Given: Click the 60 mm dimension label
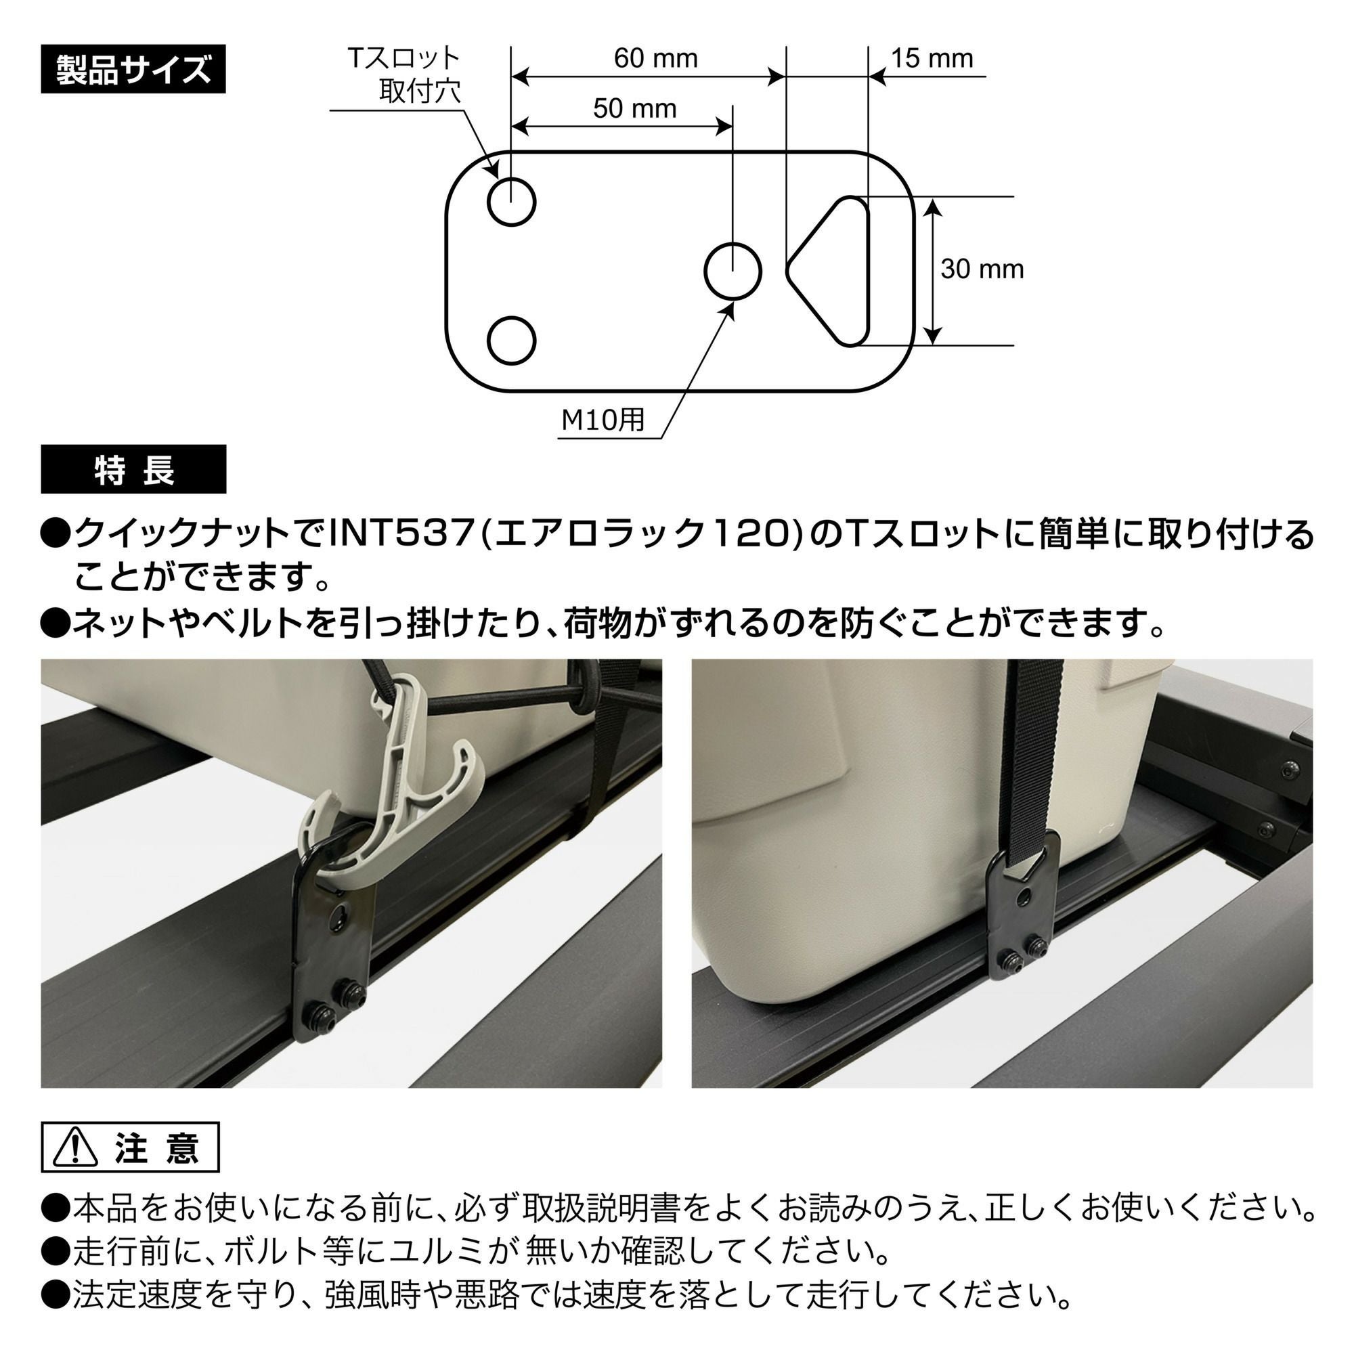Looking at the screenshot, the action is coord(655,58).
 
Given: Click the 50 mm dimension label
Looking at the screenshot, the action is coord(634,108).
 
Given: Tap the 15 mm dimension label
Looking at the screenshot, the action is coord(932,58).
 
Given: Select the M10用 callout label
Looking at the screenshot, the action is coord(603,419).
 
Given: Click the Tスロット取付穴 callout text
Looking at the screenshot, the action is coord(404,75).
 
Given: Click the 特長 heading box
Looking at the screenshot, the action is coord(133,470).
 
